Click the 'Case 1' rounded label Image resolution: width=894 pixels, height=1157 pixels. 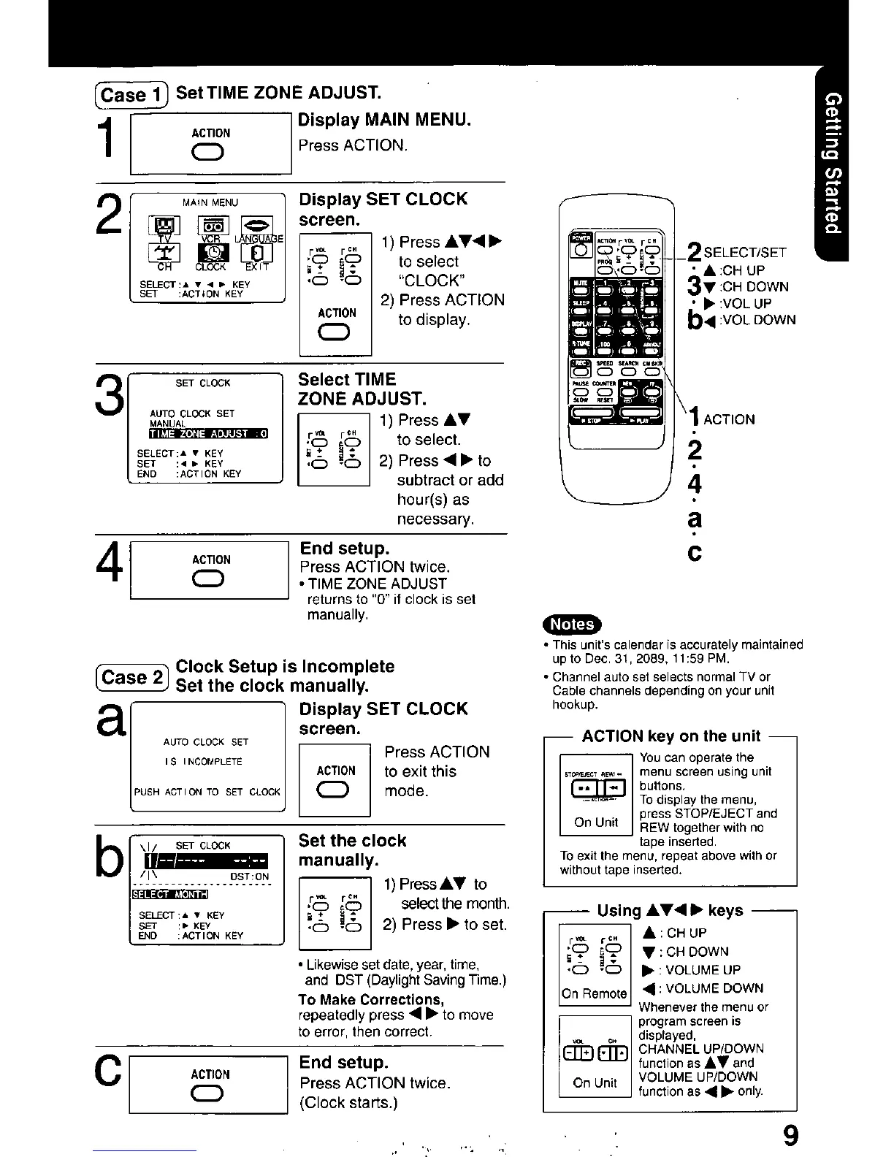[x=131, y=95]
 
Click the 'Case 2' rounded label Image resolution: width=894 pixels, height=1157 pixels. [x=131, y=677]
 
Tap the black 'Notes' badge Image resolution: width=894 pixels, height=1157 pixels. [x=571, y=624]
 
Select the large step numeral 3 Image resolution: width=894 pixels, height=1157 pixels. [x=110, y=400]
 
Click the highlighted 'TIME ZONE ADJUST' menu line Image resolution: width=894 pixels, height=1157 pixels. [x=209, y=433]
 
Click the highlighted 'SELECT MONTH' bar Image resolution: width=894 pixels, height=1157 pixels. [x=170, y=894]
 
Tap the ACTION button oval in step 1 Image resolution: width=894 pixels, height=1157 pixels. [x=210, y=152]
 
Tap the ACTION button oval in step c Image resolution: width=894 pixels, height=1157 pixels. [x=210, y=1093]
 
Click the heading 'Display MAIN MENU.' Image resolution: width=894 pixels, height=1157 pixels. [x=384, y=120]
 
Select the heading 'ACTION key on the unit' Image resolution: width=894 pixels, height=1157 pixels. [x=670, y=736]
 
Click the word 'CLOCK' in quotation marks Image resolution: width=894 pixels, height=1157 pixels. [x=429, y=280]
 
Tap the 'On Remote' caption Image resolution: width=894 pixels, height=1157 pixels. [x=594, y=993]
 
